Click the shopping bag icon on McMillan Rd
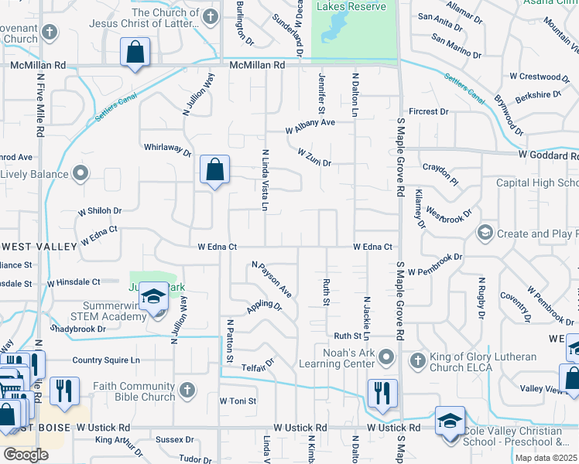[x=135, y=53]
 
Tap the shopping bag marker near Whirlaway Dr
[x=214, y=169]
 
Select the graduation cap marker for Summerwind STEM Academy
[x=154, y=299]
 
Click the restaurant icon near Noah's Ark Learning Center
[x=382, y=393]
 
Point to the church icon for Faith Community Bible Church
[x=187, y=390]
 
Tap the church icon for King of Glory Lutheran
[x=417, y=360]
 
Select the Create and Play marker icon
[x=485, y=233]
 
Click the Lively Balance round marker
[x=80, y=173]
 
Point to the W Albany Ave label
[x=310, y=126]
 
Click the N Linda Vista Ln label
[x=265, y=181]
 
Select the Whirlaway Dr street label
[x=167, y=149]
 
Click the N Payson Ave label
[x=271, y=279]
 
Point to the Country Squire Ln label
[x=106, y=360]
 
